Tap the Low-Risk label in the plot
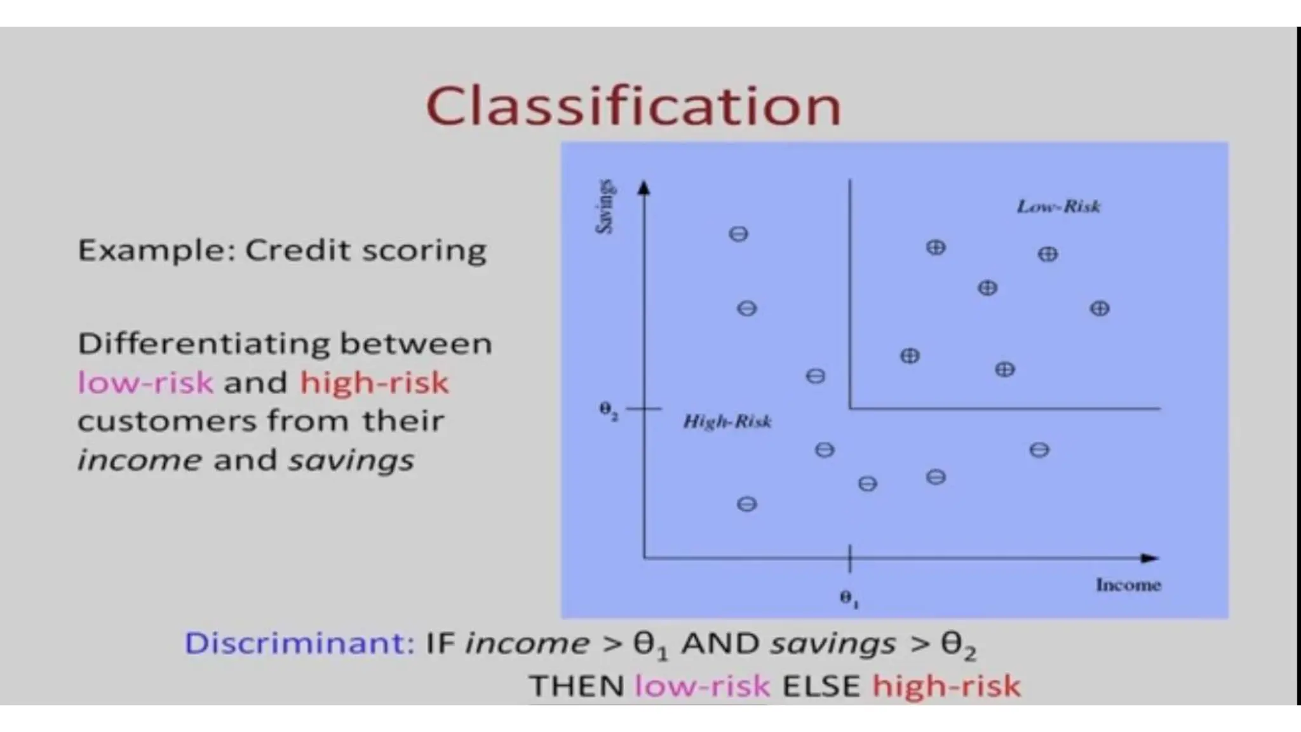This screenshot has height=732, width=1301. pyautogui.click(x=1058, y=207)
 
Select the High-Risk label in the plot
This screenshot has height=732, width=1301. pyautogui.click(x=727, y=422)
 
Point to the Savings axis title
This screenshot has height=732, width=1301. pyautogui.click(x=605, y=207)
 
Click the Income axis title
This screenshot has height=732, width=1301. pyautogui.click(x=1128, y=585)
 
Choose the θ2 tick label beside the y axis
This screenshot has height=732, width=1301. pyautogui.click(x=608, y=410)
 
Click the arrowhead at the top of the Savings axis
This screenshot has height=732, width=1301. pyautogui.click(x=644, y=187)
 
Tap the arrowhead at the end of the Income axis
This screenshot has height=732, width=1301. pyautogui.click(x=1150, y=558)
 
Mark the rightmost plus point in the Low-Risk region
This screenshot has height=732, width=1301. pyautogui.click(x=1100, y=309)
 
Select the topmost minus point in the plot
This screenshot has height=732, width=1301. pyautogui.click(x=738, y=234)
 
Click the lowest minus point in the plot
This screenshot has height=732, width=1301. pyautogui.click(x=746, y=505)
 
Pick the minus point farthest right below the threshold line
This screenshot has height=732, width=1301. pyautogui.click(x=1039, y=451)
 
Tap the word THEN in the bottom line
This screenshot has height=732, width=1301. pyautogui.click(x=577, y=686)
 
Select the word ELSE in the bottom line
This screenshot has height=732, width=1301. pyautogui.click(x=821, y=686)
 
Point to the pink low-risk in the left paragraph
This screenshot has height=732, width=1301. pyautogui.click(x=145, y=383)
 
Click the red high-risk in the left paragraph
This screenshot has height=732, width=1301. pyautogui.click(x=374, y=383)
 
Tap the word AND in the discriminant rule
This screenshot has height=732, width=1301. pyautogui.click(x=720, y=643)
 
